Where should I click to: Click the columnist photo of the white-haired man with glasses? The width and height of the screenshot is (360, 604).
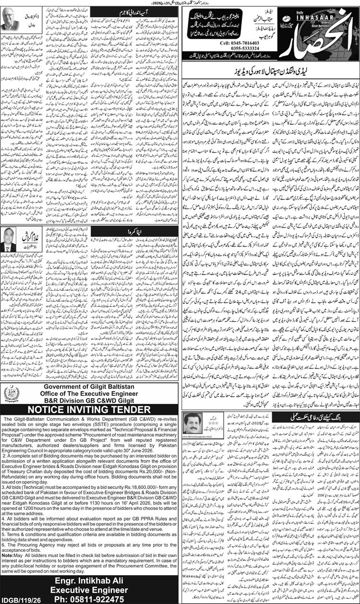click(x=16, y=20)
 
